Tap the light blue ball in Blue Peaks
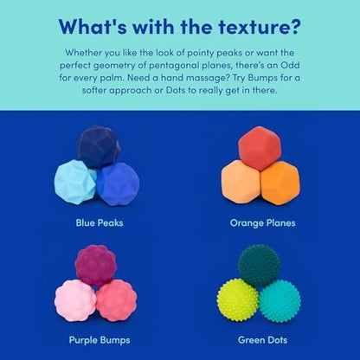click(x=74, y=181)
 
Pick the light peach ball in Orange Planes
click(x=240, y=183)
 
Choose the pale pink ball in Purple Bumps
click(x=75, y=299)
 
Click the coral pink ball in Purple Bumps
click(x=116, y=300)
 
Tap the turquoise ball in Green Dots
click(x=280, y=300)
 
